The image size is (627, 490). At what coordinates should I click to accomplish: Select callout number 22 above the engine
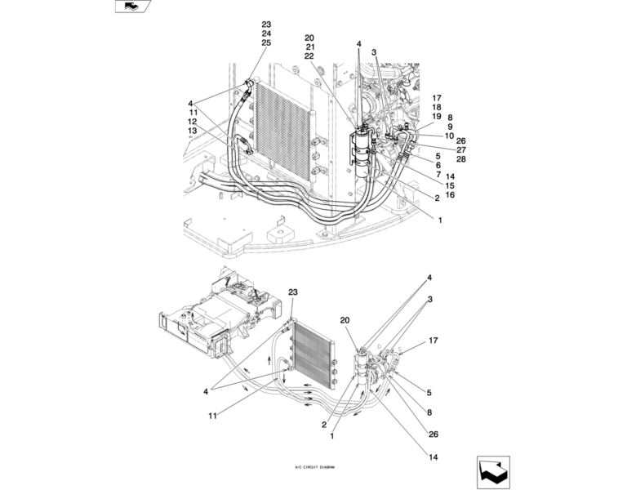click(x=309, y=56)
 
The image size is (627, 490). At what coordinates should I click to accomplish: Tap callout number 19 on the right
click(x=436, y=117)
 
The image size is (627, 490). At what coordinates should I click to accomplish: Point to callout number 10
click(x=449, y=136)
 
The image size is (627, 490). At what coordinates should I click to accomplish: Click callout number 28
click(x=460, y=158)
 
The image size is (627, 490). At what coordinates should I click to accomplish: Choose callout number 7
click(x=438, y=175)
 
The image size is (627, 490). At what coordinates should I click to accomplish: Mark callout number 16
click(x=450, y=195)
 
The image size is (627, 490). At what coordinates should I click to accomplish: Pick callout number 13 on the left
click(x=193, y=131)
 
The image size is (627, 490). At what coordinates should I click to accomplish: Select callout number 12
click(x=193, y=122)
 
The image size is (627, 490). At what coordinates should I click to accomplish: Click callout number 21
click(x=309, y=47)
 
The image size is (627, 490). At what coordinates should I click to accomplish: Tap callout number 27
click(x=460, y=149)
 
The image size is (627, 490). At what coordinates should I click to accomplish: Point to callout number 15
click(x=450, y=186)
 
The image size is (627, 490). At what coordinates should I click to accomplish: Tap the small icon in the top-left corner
click(x=130, y=7)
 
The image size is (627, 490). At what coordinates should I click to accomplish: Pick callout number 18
click(x=436, y=107)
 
